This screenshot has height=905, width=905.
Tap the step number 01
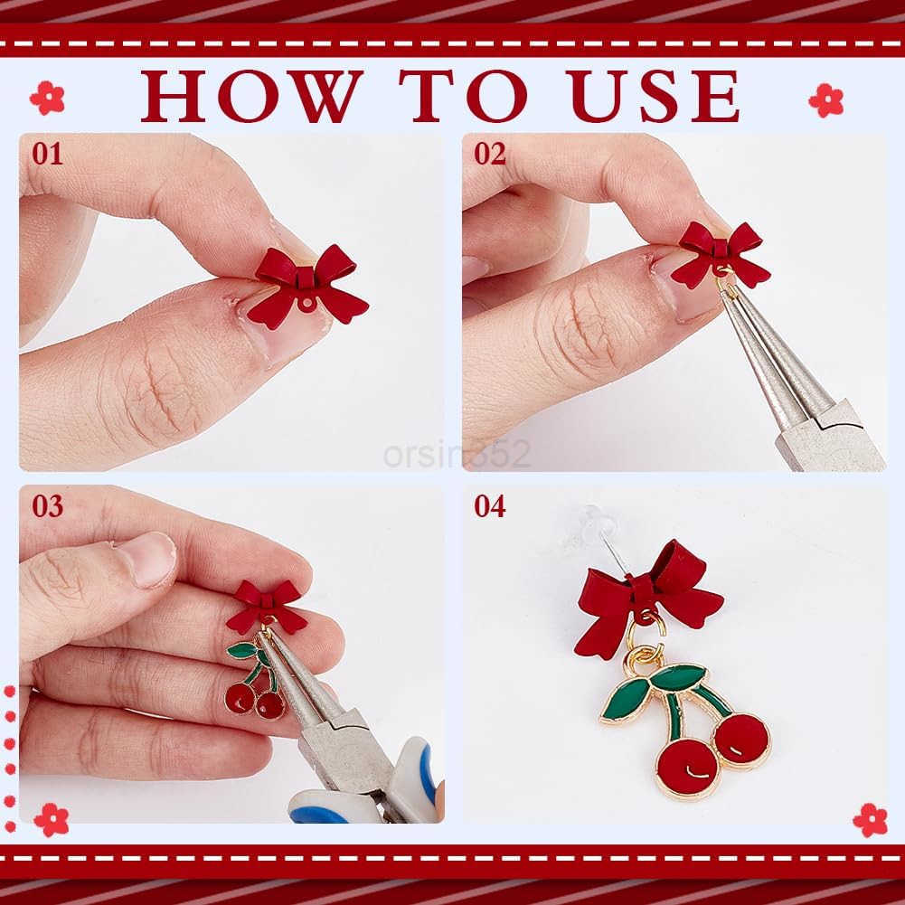(x=47, y=154)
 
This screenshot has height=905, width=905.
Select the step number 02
(x=489, y=154)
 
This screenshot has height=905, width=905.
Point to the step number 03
(x=47, y=506)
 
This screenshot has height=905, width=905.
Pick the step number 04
(x=489, y=506)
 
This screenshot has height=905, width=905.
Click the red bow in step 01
(x=307, y=287)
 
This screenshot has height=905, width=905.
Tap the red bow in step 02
(x=721, y=254)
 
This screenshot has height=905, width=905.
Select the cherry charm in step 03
(x=255, y=680)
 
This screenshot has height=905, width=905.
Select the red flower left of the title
(x=47, y=98)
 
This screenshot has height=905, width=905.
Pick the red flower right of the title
(x=826, y=100)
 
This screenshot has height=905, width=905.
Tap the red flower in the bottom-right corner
(x=871, y=820)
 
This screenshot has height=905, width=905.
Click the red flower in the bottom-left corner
(x=52, y=820)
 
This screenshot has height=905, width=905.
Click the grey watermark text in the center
(x=457, y=454)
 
